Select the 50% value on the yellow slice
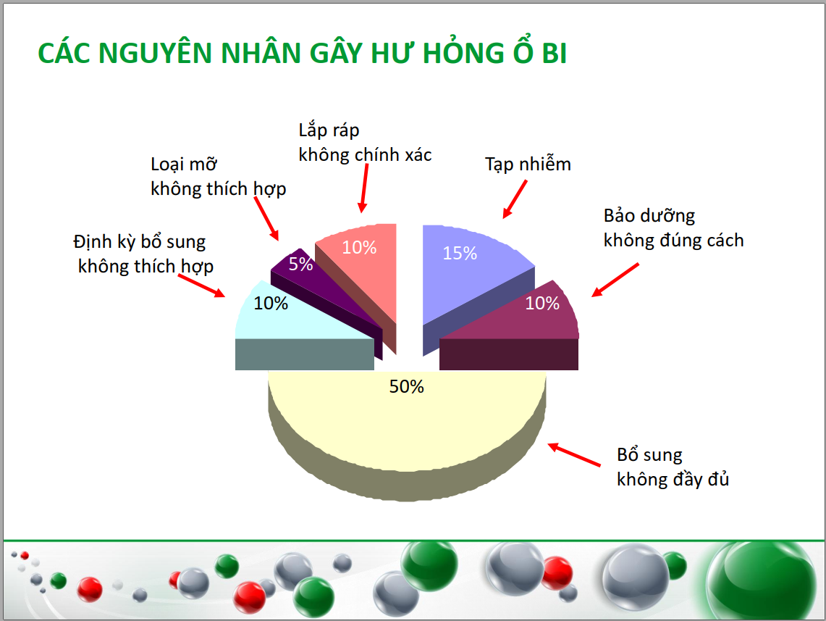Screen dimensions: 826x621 coord(406,386)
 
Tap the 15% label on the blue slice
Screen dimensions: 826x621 coord(460,253)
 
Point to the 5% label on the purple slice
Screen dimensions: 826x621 coord(300,264)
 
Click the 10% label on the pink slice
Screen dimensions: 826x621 coord(359,247)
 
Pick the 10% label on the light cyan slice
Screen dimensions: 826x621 coord(271,303)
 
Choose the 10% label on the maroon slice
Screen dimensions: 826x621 coord(542,303)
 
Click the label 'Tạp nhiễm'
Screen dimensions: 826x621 coord(528,164)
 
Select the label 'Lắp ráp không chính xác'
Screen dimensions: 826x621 coord(365,142)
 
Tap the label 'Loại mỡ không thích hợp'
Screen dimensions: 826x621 coord(218,177)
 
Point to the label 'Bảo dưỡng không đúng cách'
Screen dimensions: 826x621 coord(673,228)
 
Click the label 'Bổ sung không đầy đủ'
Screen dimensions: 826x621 coord(673,467)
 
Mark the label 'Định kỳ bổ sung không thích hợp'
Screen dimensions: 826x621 coord(143,254)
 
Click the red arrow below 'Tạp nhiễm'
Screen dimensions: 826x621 coord(515,199)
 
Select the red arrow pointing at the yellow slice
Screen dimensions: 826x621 coord(573,455)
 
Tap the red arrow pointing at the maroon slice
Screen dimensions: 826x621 coord(615,280)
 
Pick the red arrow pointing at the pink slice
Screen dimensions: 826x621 coord(363,188)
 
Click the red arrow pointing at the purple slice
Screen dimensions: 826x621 coord(266,219)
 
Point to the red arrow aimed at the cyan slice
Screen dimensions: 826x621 coord(202,286)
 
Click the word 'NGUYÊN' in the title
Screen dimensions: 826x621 coord(156,53)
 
